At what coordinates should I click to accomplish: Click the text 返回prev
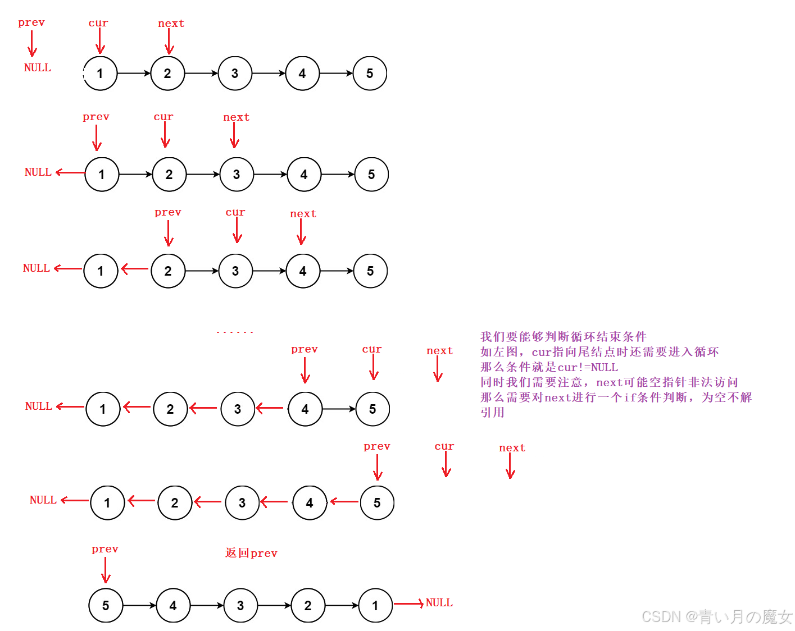point(251,553)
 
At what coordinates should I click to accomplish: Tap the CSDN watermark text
point(716,616)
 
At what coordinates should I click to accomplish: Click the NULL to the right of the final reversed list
point(439,602)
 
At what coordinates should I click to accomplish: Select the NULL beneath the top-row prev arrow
point(38,67)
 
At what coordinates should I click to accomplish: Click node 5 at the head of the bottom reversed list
point(106,605)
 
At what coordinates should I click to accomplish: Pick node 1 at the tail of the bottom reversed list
point(375,605)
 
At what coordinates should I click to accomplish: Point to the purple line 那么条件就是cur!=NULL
point(549,367)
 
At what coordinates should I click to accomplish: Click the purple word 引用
point(492,412)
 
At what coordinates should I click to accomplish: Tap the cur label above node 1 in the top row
point(98,23)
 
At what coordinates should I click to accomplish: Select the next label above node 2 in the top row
point(171,24)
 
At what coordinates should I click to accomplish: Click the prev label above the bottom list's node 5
point(105,549)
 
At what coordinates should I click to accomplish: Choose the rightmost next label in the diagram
point(512,448)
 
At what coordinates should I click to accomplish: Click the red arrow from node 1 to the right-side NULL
point(408,603)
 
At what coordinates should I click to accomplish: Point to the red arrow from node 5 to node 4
point(344,501)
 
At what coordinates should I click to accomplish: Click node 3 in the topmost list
point(235,73)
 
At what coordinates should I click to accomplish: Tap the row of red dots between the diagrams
point(235,332)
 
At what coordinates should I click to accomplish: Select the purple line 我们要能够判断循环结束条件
point(564,337)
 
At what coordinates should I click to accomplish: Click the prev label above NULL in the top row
point(31,22)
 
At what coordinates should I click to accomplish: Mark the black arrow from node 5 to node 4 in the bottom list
point(139,605)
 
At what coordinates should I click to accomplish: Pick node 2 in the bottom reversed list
point(308,605)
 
